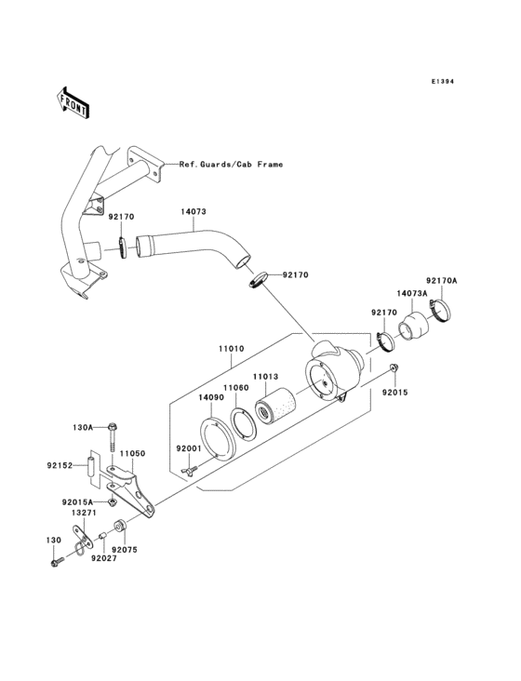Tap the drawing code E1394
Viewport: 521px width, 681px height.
click(x=442, y=82)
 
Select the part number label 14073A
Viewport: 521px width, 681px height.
click(x=411, y=293)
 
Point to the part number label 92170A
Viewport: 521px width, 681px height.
click(x=442, y=280)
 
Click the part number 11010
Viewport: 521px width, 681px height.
click(x=232, y=349)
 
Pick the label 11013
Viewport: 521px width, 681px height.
click(x=266, y=376)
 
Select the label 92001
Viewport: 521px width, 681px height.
click(x=190, y=448)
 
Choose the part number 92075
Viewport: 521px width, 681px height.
click(x=124, y=550)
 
